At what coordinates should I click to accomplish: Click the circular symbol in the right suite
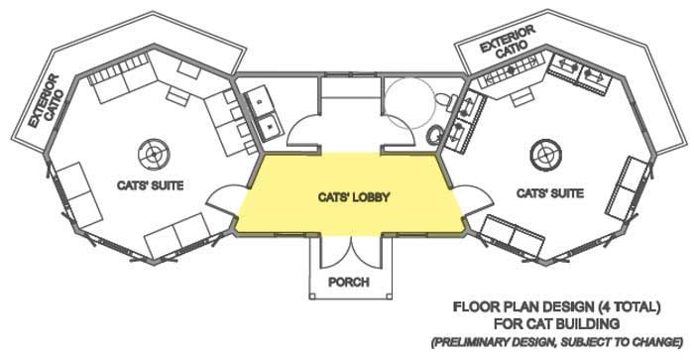click(543, 153)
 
